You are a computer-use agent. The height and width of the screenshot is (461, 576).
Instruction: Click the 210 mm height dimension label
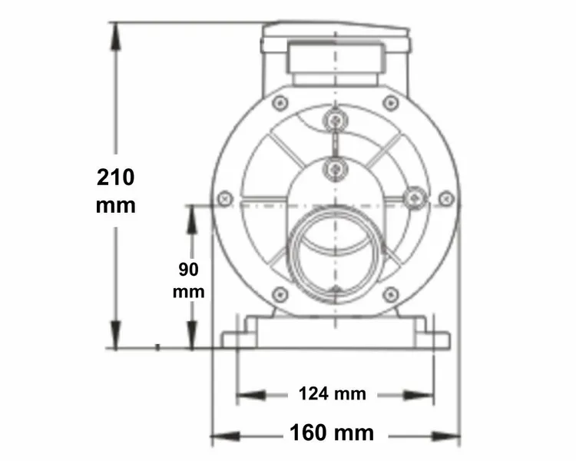116,191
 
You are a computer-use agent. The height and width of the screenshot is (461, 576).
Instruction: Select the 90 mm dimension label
188,280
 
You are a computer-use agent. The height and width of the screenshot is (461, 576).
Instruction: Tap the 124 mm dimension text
332,394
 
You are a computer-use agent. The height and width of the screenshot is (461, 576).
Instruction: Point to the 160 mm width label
332,433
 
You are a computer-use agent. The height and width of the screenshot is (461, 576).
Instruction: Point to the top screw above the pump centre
335,120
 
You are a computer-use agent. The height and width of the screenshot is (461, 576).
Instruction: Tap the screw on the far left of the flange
225,198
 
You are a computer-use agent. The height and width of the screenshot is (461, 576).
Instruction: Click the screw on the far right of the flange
446,198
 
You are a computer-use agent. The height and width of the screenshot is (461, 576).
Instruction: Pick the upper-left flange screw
280,101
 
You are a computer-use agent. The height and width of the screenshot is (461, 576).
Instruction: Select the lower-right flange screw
390,294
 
